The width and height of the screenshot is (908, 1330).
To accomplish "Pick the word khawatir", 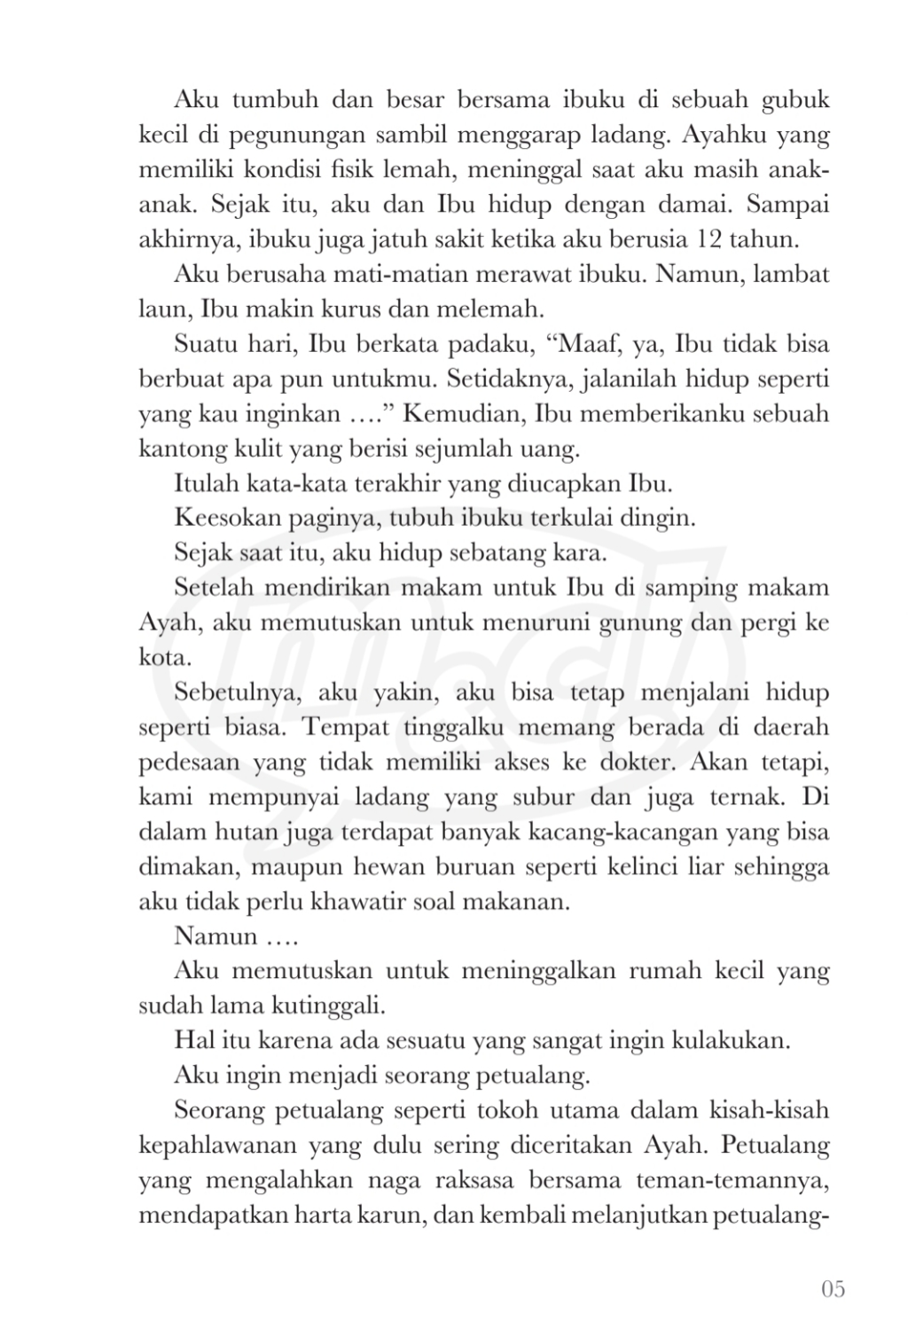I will pos(359,902).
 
